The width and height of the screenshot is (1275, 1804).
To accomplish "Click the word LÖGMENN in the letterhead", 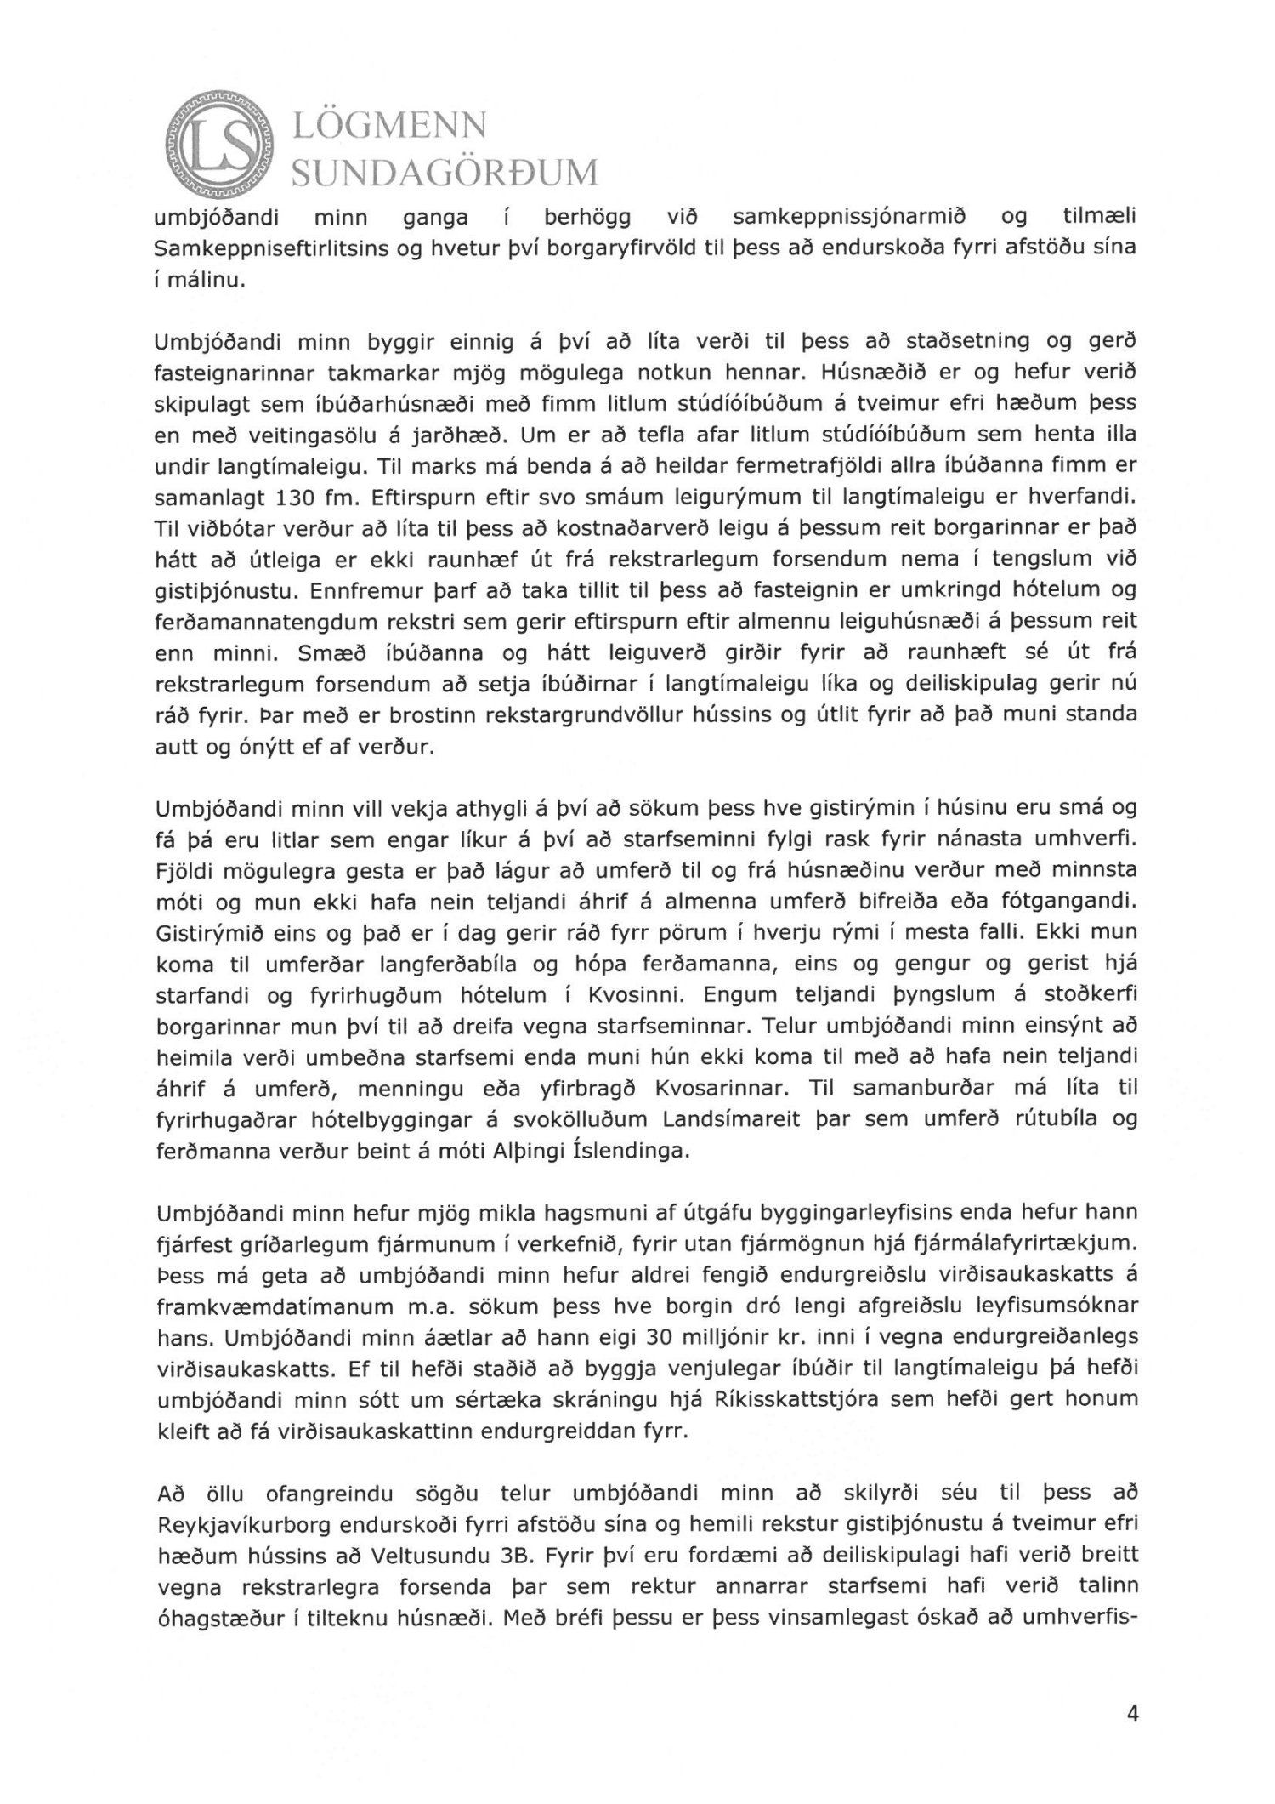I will [389, 127].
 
